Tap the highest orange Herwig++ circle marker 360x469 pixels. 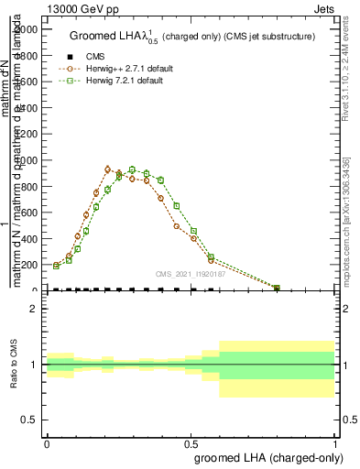pos(108,169)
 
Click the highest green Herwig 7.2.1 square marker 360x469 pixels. pos(132,170)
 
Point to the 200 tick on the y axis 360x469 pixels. pos(32,265)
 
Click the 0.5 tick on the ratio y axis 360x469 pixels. pos(32,420)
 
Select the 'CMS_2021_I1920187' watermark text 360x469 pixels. pos(190,273)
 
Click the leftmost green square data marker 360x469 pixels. pos(57,266)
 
